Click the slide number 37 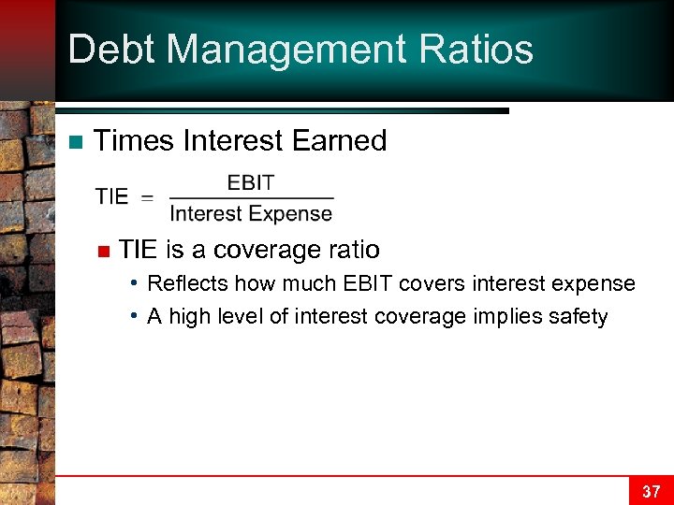(651, 491)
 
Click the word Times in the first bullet (135, 141)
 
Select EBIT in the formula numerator (251, 183)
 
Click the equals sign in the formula (148, 197)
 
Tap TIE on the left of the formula (111, 196)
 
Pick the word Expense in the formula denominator (291, 214)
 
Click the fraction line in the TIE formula (251, 198)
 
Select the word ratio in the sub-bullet (351, 250)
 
